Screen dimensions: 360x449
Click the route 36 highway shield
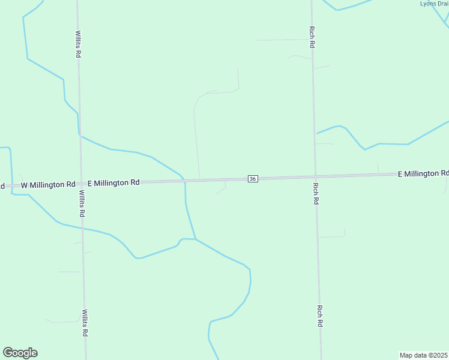click(x=253, y=179)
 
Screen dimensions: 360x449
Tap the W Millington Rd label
click(x=48, y=185)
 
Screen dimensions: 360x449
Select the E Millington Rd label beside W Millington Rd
click(x=113, y=182)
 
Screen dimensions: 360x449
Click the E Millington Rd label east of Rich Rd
click(x=423, y=173)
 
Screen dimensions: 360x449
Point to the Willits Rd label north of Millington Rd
click(x=78, y=44)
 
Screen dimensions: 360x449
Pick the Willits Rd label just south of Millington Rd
click(x=82, y=204)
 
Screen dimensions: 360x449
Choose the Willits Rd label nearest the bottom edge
click(x=85, y=323)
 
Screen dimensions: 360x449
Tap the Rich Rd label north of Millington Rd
click(x=312, y=37)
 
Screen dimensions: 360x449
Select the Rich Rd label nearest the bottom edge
click(x=320, y=316)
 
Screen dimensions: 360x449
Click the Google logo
click(x=20, y=353)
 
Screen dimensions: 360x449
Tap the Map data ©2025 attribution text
click(x=424, y=355)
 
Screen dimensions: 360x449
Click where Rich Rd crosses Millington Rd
click(x=315, y=176)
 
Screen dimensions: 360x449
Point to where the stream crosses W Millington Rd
click(x=11, y=186)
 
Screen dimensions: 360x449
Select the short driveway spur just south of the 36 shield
click(x=222, y=188)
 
